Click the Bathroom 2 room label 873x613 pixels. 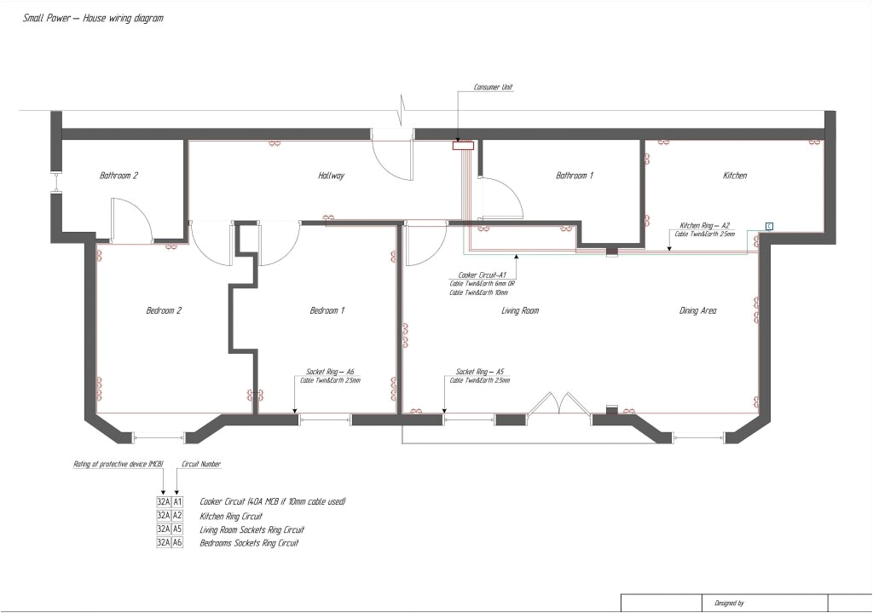point(119,176)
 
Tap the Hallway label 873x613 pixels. point(331,176)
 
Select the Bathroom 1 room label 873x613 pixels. point(574,176)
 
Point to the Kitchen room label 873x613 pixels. point(734,176)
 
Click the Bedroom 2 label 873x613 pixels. point(164,311)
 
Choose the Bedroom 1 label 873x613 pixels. point(327,311)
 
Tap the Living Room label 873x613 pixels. point(519,311)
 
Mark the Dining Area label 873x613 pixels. point(697,311)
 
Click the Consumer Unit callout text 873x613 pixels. point(493,88)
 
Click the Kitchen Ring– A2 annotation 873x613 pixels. point(704,225)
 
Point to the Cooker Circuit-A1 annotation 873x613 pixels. point(483,275)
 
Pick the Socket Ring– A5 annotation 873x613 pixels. point(479,372)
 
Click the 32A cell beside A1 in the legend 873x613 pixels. point(164,502)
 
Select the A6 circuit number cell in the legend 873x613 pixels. point(177,542)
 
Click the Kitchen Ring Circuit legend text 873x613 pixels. point(230,516)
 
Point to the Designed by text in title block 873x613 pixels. point(729,603)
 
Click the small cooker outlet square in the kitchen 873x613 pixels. point(768,226)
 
